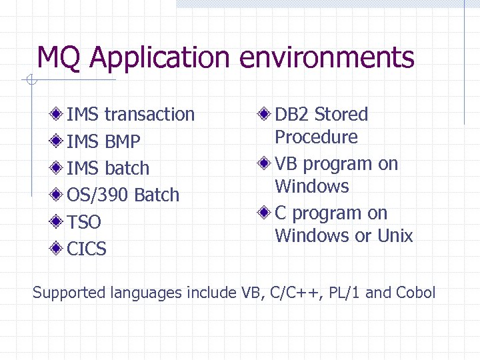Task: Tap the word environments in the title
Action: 327,58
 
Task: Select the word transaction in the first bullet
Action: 149,115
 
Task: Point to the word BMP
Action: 122,142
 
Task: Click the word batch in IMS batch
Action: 127,169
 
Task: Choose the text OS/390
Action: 98,195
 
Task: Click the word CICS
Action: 87,249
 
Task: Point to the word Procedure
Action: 316,137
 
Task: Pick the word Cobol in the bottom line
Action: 415,293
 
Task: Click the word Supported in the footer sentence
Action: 69,293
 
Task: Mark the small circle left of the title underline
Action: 30,81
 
